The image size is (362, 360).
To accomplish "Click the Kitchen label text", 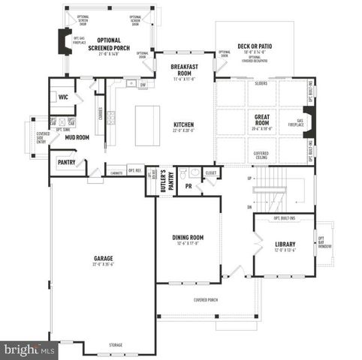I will [x=184, y=124].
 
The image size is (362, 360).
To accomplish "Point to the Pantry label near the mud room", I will [x=65, y=161].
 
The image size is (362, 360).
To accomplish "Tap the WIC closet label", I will [x=63, y=97].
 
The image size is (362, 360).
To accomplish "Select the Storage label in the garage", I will [x=115, y=345].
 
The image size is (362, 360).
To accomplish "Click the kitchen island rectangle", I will [x=147, y=124].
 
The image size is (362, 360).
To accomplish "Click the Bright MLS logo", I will [x=29, y=349].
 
